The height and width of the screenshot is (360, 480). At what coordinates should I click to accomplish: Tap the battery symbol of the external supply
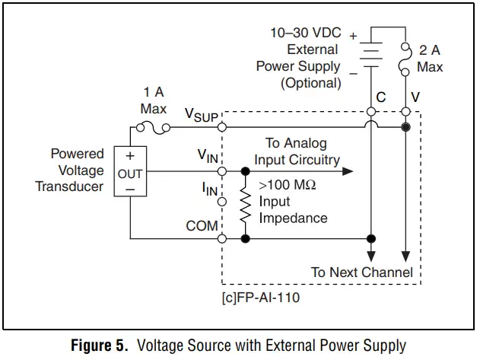370,55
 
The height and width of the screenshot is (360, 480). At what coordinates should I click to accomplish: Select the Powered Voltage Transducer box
130,171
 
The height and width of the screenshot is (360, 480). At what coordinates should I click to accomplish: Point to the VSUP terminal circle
222,126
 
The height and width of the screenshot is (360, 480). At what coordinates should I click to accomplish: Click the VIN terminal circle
222,171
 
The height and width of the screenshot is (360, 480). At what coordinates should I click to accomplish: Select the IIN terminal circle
222,202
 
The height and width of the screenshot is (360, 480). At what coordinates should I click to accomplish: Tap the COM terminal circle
222,238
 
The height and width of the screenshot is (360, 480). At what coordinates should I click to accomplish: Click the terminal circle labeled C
371,112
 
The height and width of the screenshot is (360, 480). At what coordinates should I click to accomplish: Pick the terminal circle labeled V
405,112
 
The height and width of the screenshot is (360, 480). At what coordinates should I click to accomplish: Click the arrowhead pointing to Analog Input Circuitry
348,171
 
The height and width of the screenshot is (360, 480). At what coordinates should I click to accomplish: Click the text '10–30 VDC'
306,33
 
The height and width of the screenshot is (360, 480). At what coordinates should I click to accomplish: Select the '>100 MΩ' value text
287,185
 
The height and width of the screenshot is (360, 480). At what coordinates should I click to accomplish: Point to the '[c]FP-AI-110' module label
261,298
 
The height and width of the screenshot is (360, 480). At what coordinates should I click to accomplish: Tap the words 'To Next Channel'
362,272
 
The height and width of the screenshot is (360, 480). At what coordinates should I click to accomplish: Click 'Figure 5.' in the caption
100,346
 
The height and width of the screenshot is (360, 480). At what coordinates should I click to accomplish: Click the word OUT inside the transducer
130,174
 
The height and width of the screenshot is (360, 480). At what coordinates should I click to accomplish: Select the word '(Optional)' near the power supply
310,83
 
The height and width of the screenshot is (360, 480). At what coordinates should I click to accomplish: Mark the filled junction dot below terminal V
405,127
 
